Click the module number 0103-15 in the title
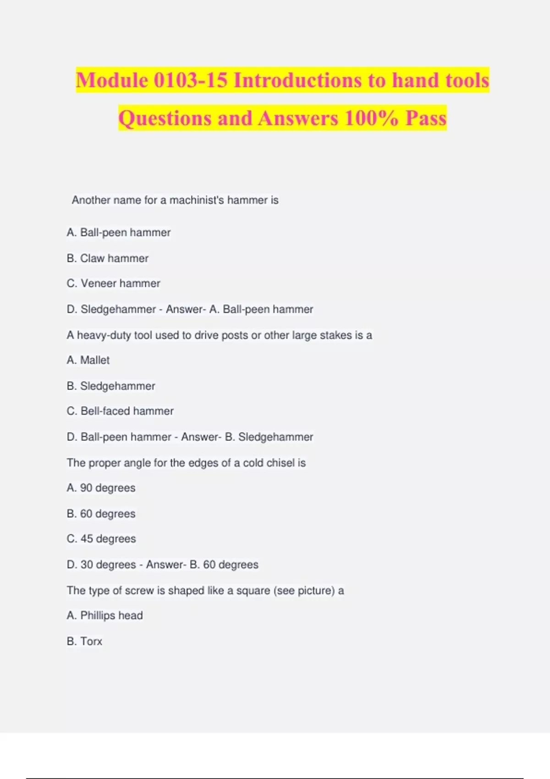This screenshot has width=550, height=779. (x=190, y=80)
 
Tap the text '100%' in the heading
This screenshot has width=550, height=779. (x=372, y=118)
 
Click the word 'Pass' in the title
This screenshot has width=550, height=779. (x=426, y=118)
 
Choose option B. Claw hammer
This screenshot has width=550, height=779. (x=108, y=258)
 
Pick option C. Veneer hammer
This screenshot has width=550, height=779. (x=114, y=284)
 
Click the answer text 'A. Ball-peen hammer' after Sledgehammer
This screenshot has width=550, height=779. (x=261, y=309)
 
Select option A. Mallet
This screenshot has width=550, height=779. (x=88, y=360)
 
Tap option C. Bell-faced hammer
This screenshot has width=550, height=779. (x=120, y=411)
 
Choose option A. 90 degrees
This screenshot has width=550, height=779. (x=101, y=488)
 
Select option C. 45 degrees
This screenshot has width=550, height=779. (x=101, y=539)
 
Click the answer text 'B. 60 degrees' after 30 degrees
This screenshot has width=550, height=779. (x=224, y=565)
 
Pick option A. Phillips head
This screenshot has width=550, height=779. (x=104, y=615)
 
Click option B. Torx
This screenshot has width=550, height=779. (x=84, y=642)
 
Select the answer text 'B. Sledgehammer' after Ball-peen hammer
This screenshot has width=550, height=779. (x=269, y=437)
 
